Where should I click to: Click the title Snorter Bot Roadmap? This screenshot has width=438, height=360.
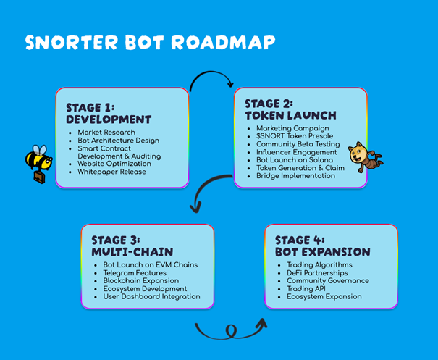(150, 42)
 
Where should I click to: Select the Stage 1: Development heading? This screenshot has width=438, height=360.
(108, 114)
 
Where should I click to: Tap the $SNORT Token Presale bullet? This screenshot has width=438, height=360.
(295, 136)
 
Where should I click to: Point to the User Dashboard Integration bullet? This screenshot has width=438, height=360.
(152, 296)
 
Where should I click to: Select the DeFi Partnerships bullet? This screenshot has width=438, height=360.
(317, 273)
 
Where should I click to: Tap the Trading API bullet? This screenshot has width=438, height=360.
(305, 288)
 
